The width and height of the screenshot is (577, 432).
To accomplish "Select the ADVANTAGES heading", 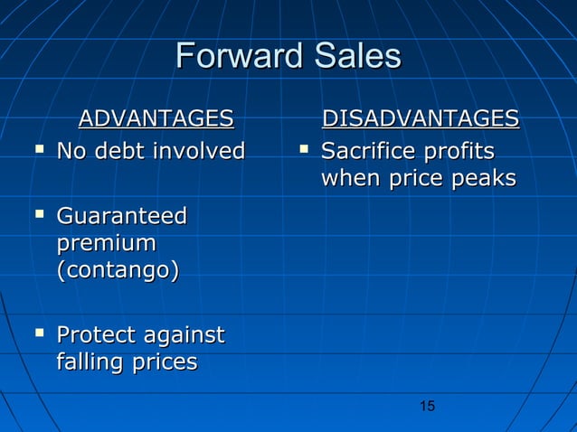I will click(x=156, y=118).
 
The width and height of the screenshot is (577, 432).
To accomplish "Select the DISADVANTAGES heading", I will click(x=421, y=118).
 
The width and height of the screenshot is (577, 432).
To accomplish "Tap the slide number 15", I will click(x=428, y=406).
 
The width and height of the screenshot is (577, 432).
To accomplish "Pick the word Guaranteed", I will click(x=121, y=217).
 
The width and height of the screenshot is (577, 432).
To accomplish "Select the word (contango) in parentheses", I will click(x=117, y=271).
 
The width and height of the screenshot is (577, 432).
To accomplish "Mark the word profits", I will click(x=462, y=149).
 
